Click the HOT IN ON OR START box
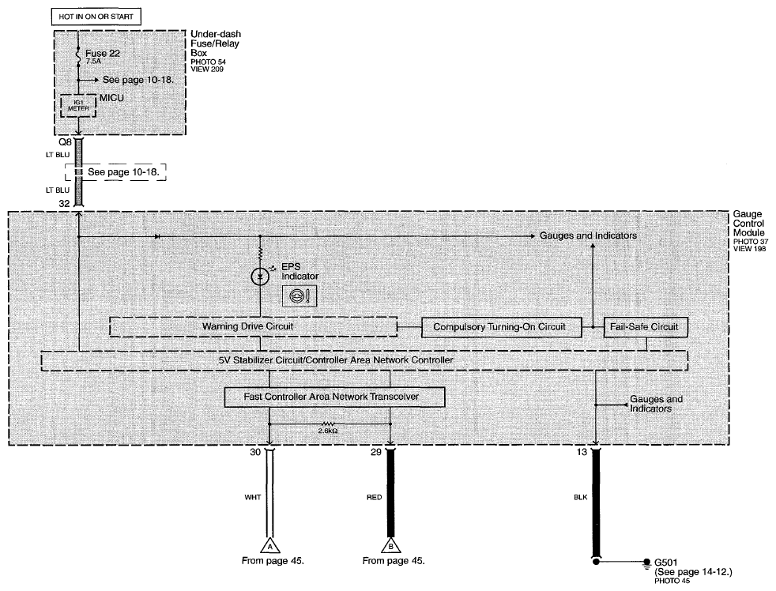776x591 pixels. [96, 17]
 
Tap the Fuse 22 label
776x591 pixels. [103, 54]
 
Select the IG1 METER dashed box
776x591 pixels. [78, 105]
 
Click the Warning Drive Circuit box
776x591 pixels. [253, 326]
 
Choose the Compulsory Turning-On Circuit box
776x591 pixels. [501, 327]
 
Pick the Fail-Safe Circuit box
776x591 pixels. [646, 327]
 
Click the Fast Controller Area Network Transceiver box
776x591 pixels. [334, 397]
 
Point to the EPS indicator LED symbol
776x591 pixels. [260, 277]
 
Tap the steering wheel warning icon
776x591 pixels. [299, 296]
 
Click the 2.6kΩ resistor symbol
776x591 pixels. [328, 424]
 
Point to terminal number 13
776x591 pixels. [582, 452]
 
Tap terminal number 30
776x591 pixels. [255, 452]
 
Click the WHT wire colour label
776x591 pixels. [252, 497]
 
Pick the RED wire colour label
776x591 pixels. [374, 497]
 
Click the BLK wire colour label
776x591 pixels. [581, 497]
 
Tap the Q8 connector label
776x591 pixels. [66, 142]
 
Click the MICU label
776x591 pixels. [112, 98]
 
